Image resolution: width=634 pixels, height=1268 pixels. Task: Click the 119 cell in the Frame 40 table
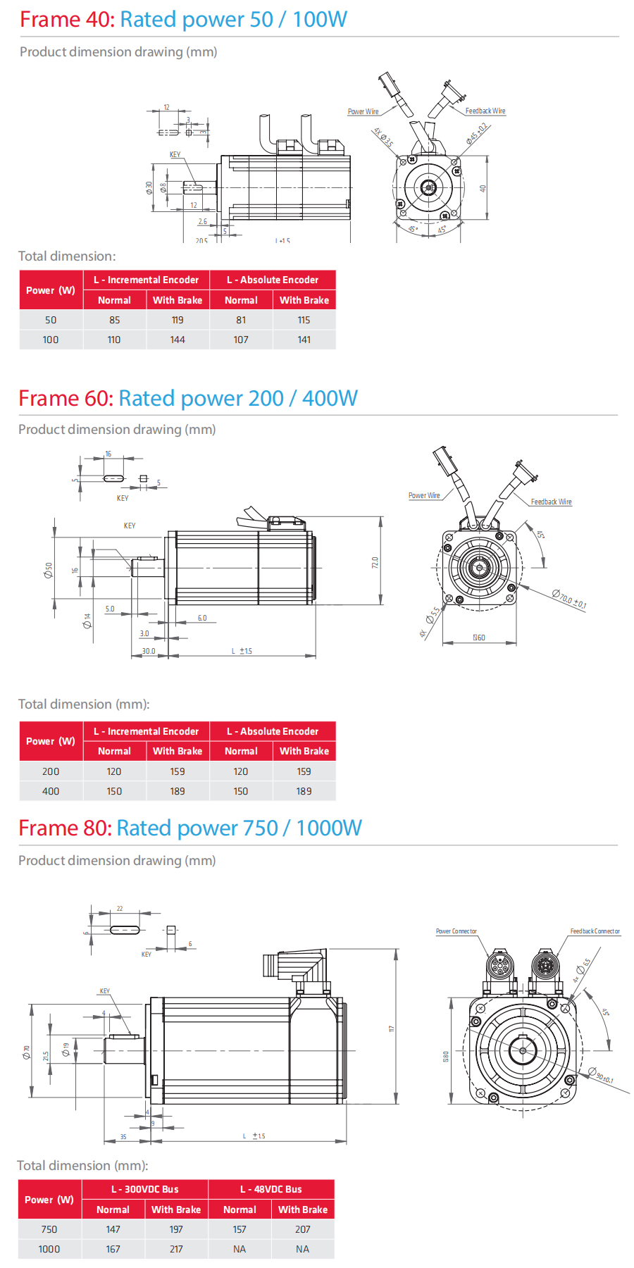pos(178,320)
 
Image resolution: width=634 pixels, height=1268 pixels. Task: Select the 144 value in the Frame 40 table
pos(178,340)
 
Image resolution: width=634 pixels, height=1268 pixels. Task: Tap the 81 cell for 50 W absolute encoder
pos(241,320)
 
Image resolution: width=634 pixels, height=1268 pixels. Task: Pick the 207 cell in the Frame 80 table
pos(303,1229)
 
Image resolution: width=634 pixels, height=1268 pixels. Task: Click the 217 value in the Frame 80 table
pos(176,1249)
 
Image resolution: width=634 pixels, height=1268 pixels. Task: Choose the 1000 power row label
pos(49,1249)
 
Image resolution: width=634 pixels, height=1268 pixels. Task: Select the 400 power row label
pos(51,791)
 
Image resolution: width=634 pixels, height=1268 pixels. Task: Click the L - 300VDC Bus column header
pos(145,1189)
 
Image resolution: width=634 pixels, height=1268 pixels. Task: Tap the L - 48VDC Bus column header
pos(271,1189)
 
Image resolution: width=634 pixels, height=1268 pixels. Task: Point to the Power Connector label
pos(456,931)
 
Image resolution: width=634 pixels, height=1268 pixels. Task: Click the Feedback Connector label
pos(595,931)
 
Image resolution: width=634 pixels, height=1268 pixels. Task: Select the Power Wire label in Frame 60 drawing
pos(424,495)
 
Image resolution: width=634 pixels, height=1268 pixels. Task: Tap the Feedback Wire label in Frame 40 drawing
pos(485,111)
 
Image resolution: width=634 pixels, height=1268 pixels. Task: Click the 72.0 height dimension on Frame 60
pos(375,562)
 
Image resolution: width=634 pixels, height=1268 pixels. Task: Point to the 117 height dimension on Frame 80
pos(392,1029)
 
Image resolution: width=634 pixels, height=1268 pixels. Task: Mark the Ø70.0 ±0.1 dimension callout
pos(568,599)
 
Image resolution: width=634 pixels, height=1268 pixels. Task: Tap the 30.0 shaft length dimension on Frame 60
pos(149,651)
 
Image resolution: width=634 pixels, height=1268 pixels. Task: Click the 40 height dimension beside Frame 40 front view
pos(483,189)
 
